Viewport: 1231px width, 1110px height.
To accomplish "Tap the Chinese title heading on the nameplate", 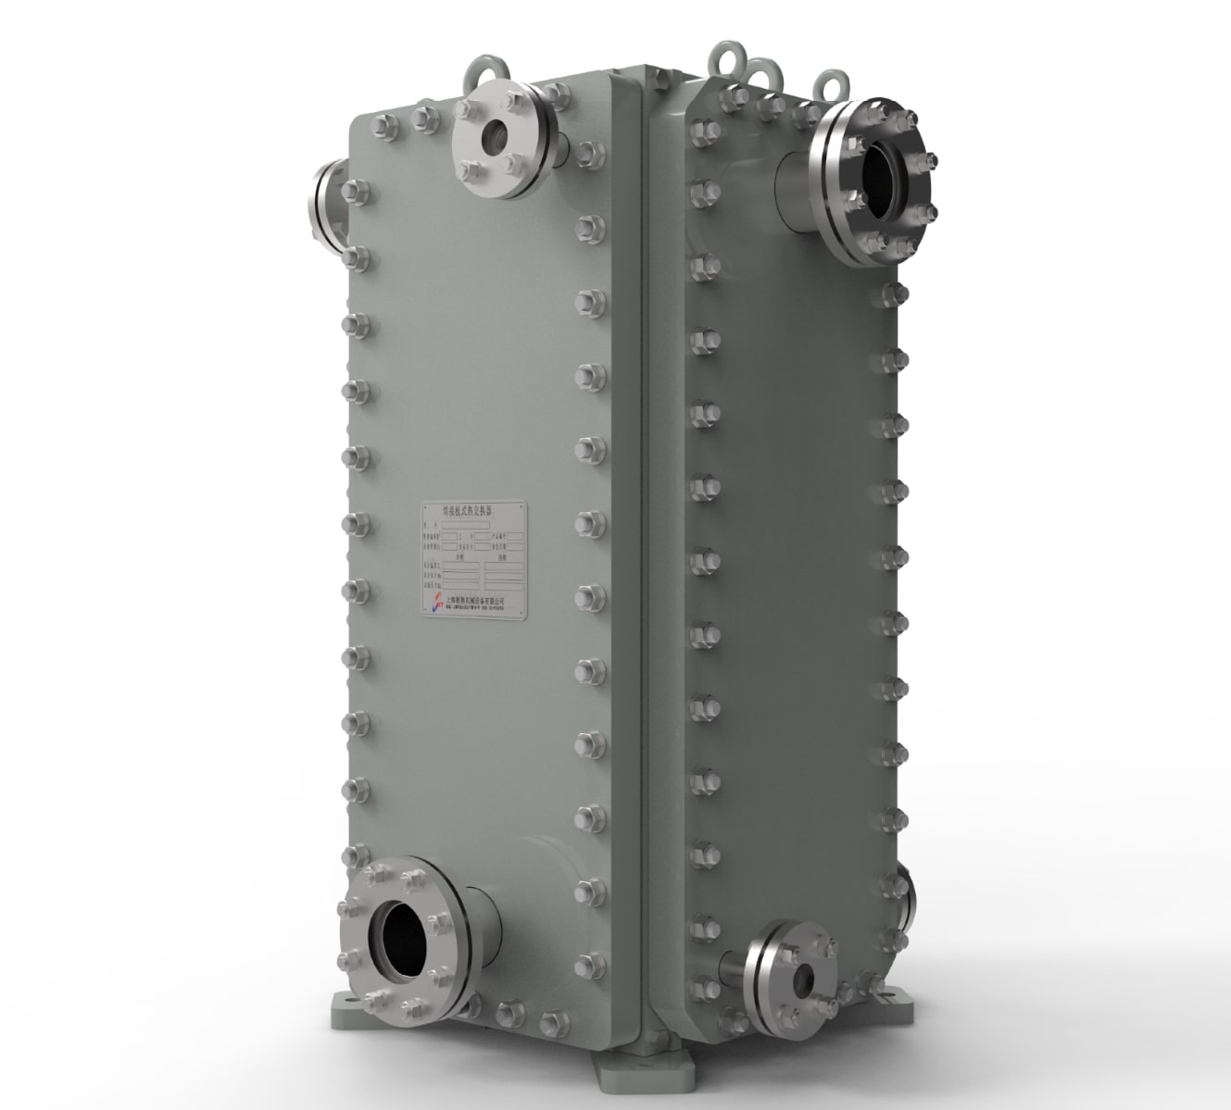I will (472, 510).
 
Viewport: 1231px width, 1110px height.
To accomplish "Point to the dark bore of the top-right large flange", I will (876, 180).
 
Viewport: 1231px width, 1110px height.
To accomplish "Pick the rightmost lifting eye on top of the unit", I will (834, 83).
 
